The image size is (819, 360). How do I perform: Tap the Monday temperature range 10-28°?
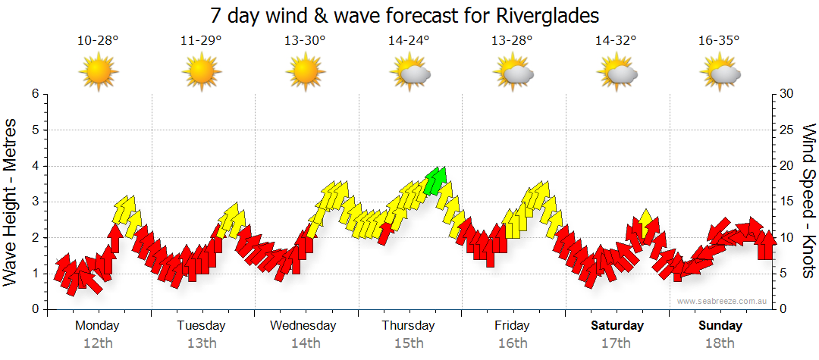click(98, 40)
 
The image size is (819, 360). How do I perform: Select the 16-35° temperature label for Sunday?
click(719, 40)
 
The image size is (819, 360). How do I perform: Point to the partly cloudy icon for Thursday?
click(409, 73)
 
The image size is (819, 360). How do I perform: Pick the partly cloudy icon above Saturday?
click(617, 73)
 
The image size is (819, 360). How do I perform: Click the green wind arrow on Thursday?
click(436, 180)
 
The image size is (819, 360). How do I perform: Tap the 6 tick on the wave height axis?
click(34, 94)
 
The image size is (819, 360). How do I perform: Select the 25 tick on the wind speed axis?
click(787, 130)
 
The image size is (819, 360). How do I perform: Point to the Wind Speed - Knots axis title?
click(809, 201)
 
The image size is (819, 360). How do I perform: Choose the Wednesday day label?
click(303, 326)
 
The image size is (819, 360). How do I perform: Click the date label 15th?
click(408, 343)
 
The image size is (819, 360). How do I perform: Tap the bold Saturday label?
click(617, 326)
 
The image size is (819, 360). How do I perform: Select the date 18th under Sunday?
click(720, 343)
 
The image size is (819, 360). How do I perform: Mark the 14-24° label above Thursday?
click(409, 40)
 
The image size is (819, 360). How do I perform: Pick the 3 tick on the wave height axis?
click(34, 202)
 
